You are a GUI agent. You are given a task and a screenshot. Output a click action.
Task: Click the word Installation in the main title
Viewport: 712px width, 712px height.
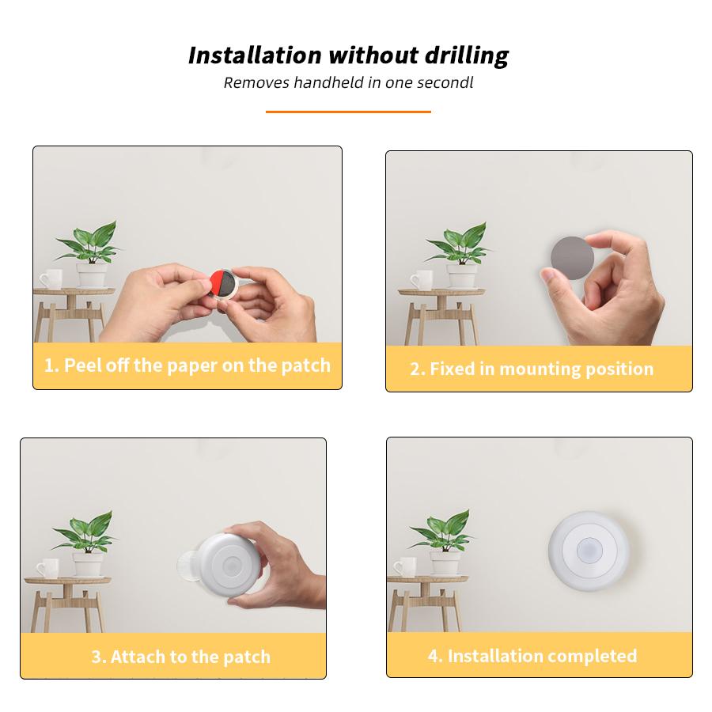point(255,55)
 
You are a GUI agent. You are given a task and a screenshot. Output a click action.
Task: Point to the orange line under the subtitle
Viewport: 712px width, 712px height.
point(348,112)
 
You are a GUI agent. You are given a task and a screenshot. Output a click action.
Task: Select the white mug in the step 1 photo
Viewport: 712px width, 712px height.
point(51,278)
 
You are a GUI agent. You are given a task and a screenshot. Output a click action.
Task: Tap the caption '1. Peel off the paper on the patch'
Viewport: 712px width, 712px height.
point(187,365)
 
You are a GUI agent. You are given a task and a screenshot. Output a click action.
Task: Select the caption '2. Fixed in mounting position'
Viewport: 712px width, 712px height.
point(532,369)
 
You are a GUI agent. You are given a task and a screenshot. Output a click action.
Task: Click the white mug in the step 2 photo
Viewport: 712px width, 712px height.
point(421,279)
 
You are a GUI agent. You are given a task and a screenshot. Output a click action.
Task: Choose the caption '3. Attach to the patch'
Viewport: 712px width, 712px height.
point(180,657)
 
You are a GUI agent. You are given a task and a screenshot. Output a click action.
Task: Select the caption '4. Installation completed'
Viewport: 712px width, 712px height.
point(532,656)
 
